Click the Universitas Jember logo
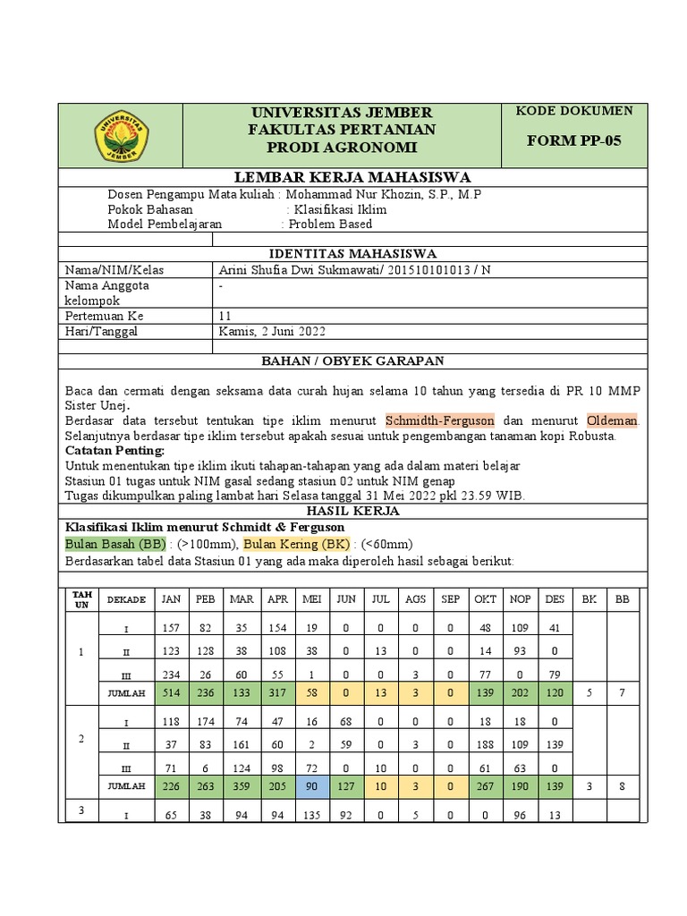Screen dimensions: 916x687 tap(120, 135)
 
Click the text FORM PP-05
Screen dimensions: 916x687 tap(572, 141)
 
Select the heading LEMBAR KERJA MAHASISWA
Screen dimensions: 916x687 tap(352, 177)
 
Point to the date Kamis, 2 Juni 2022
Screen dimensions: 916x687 tap(273, 331)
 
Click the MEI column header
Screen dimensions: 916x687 tap(312, 599)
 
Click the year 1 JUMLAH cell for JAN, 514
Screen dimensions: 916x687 tap(170, 692)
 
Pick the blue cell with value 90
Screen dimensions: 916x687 tap(312, 785)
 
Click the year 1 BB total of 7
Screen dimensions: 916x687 tap(623, 692)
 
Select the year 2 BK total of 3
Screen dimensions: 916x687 tap(588, 785)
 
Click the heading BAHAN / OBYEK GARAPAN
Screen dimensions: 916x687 tap(352, 361)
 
